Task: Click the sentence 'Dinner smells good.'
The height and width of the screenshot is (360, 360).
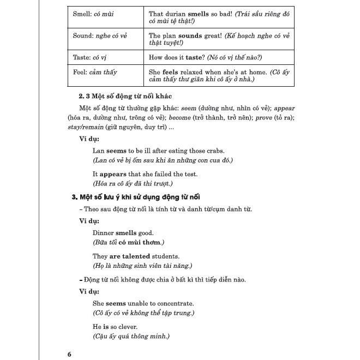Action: coord(123,232)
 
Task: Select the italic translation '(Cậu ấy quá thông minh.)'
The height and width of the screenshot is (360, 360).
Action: coord(131,336)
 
